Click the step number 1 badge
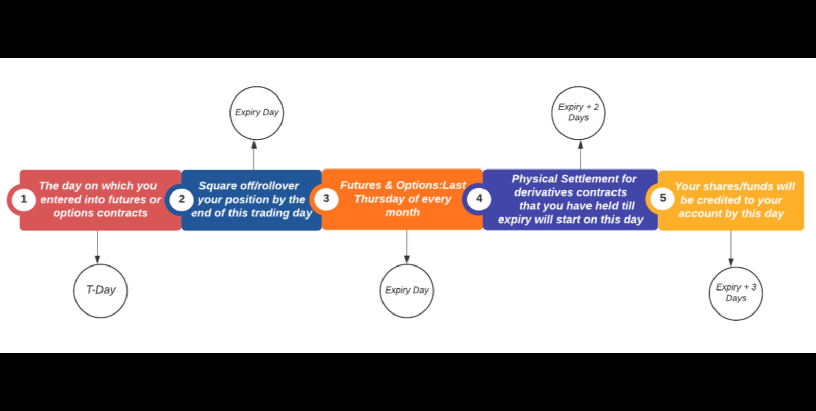23,199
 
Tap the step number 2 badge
182,199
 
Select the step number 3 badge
326,199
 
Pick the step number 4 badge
479,199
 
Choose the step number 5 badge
662,198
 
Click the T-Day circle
100,290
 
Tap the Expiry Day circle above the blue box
257,113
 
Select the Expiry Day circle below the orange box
406,291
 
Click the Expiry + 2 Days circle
578,113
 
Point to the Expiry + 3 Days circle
735,293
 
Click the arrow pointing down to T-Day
97,247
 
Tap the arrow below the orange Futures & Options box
406,247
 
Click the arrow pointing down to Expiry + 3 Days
731,248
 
